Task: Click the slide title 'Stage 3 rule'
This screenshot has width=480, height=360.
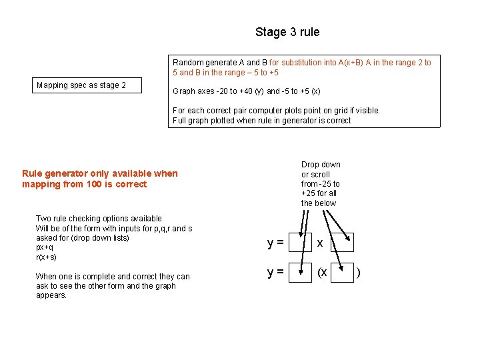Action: tap(287, 32)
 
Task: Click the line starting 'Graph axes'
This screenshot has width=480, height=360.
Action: tap(246, 91)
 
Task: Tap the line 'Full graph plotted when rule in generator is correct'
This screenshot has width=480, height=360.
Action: tap(261, 121)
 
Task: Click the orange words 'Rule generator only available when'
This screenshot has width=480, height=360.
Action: tap(99, 173)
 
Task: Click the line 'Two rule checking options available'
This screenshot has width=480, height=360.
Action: tap(98, 219)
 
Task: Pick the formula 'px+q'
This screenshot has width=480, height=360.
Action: tap(45, 247)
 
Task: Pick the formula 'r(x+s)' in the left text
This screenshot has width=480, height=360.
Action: tap(46, 257)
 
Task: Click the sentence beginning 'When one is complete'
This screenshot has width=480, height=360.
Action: tap(112, 277)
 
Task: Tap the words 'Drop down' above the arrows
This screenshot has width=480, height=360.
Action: tap(321, 165)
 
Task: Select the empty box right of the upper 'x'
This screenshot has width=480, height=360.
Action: tap(341, 243)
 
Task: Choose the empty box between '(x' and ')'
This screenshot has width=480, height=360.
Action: tap(341, 272)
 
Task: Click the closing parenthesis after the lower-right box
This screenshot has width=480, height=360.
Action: tap(359, 272)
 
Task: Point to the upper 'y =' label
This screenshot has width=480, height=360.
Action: tap(275, 243)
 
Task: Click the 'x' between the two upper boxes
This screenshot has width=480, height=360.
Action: tap(320, 243)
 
